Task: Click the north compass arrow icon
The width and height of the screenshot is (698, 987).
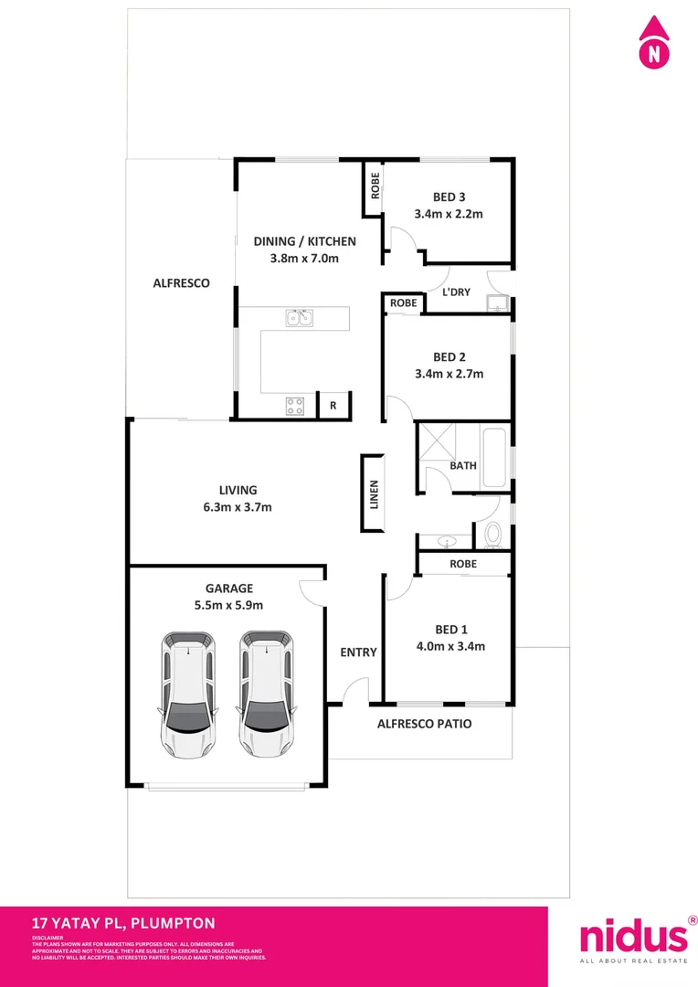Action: point(653,42)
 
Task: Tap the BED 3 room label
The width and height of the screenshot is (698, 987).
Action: point(449,196)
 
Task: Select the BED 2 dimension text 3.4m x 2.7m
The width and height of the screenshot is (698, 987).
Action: point(449,373)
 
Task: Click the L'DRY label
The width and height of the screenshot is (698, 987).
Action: point(456,292)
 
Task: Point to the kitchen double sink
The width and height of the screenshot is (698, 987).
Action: point(300,318)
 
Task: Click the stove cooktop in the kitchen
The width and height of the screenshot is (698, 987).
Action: point(295,406)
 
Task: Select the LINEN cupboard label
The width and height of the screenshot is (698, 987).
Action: point(373,493)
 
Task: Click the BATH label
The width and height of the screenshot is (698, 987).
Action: point(463,465)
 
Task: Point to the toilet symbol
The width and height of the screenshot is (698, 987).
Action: point(494,533)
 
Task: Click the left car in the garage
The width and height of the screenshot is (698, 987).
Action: point(188,693)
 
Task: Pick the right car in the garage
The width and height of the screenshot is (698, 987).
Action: point(267,693)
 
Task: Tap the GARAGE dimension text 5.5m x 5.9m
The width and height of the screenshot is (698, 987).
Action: point(229,605)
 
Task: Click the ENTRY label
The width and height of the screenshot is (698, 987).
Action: point(358,653)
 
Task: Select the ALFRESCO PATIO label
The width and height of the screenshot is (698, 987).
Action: point(425,724)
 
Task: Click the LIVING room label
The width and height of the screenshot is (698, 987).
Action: point(238,490)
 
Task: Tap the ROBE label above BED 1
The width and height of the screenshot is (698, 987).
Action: point(463,564)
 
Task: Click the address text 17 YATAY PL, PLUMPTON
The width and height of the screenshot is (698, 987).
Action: point(123,924)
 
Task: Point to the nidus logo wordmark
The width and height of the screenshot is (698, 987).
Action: point(633,937)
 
